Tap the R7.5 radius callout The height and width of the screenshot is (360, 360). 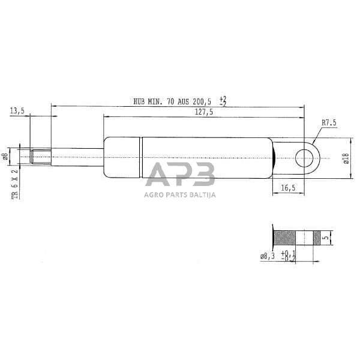click(x=329, y=122)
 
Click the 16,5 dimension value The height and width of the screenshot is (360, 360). click(x=288, y=188)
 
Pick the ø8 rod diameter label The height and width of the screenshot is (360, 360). click(x=5, y=157)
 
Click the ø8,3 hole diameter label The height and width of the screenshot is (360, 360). click(x=268, y=257)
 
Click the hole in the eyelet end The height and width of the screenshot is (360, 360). click(x=304, y=158)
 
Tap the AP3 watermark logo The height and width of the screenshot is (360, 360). click(x=180, y=176)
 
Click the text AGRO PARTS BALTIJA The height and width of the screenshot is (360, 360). click(x=180, y=194)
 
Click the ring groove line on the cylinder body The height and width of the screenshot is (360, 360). click(x=142, y=157)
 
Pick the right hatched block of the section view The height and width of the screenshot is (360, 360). click(x=317, y=238)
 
